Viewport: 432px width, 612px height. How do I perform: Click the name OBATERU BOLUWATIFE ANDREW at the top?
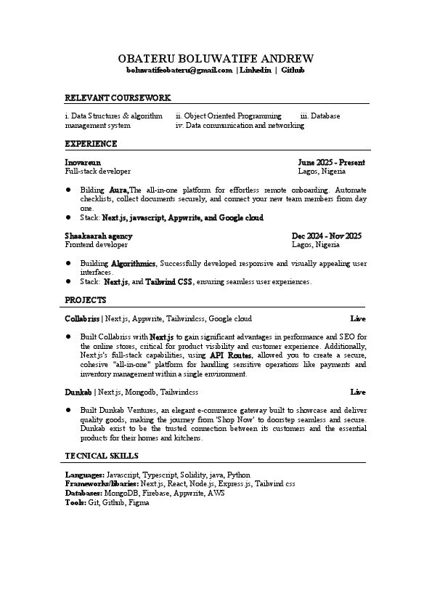[x=216, y=58]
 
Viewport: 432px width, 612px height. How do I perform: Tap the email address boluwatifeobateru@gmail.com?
[x=179, y=71]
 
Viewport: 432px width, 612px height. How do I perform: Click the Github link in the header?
[x=293, y=71]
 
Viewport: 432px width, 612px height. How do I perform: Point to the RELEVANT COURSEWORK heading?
[x=118, y=97]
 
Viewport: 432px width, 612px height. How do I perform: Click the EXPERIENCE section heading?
[x=91, y=144]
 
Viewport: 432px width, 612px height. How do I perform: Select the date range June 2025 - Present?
[x=331, y=162]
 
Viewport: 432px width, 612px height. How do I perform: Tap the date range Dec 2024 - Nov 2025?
[x=326, y=235]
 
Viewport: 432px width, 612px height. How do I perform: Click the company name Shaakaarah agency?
[x=99, y=235]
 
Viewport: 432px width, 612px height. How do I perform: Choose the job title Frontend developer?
[x=97, y=245]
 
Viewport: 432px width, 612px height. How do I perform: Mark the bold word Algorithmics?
[x=133, y=263]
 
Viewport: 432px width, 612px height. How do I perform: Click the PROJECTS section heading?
[x=86, y=299]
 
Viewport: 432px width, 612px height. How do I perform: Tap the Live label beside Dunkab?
[x=358, y=392]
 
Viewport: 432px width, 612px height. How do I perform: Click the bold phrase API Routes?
[x=231, y=355]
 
